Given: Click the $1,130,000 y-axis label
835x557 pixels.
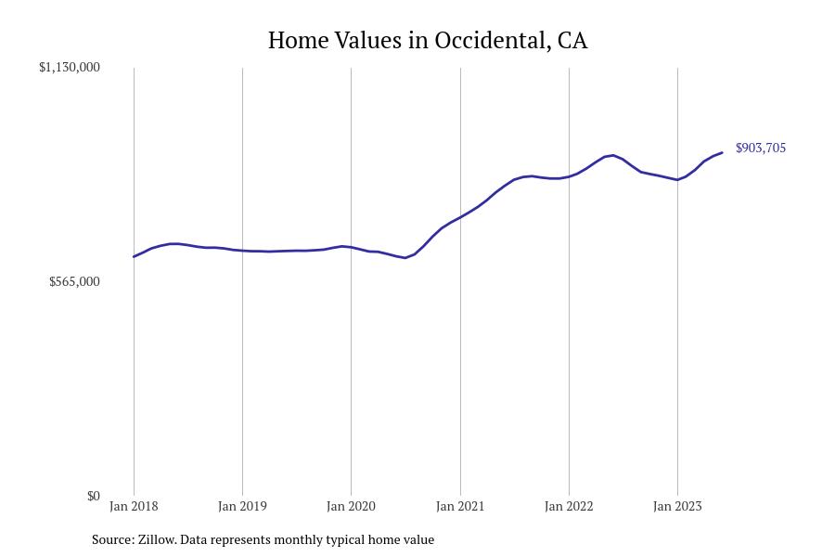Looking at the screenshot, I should (x=69, y=68).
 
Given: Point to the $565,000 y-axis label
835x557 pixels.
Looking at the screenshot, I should (x=74, y=281).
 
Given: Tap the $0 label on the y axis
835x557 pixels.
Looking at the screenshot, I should (x=93, y=496).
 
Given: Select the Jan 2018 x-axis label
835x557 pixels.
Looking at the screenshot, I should (x=134, y=507).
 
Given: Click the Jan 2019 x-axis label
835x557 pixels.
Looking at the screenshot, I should (x=242, y=507).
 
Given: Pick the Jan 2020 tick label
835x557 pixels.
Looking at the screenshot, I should (x=351, y=507).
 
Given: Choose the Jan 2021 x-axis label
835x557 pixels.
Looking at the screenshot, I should (x=459, y=507).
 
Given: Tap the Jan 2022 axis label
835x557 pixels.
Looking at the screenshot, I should (x=569, y=507).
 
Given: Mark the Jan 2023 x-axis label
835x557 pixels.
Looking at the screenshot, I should (x=677, y=507).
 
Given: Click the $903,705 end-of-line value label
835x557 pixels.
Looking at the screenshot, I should (x=760, y=149).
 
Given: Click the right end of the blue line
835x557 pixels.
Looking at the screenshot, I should (x=722, y=153).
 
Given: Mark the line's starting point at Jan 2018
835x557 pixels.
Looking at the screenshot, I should (x=134, y=257).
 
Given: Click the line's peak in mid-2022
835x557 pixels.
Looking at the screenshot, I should (x=612, y=155).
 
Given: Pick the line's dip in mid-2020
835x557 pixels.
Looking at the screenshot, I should (x=405, y=257).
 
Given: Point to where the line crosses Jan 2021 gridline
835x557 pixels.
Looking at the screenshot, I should (x=459, y=218).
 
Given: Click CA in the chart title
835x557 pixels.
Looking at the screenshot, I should (x=572, y=41).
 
